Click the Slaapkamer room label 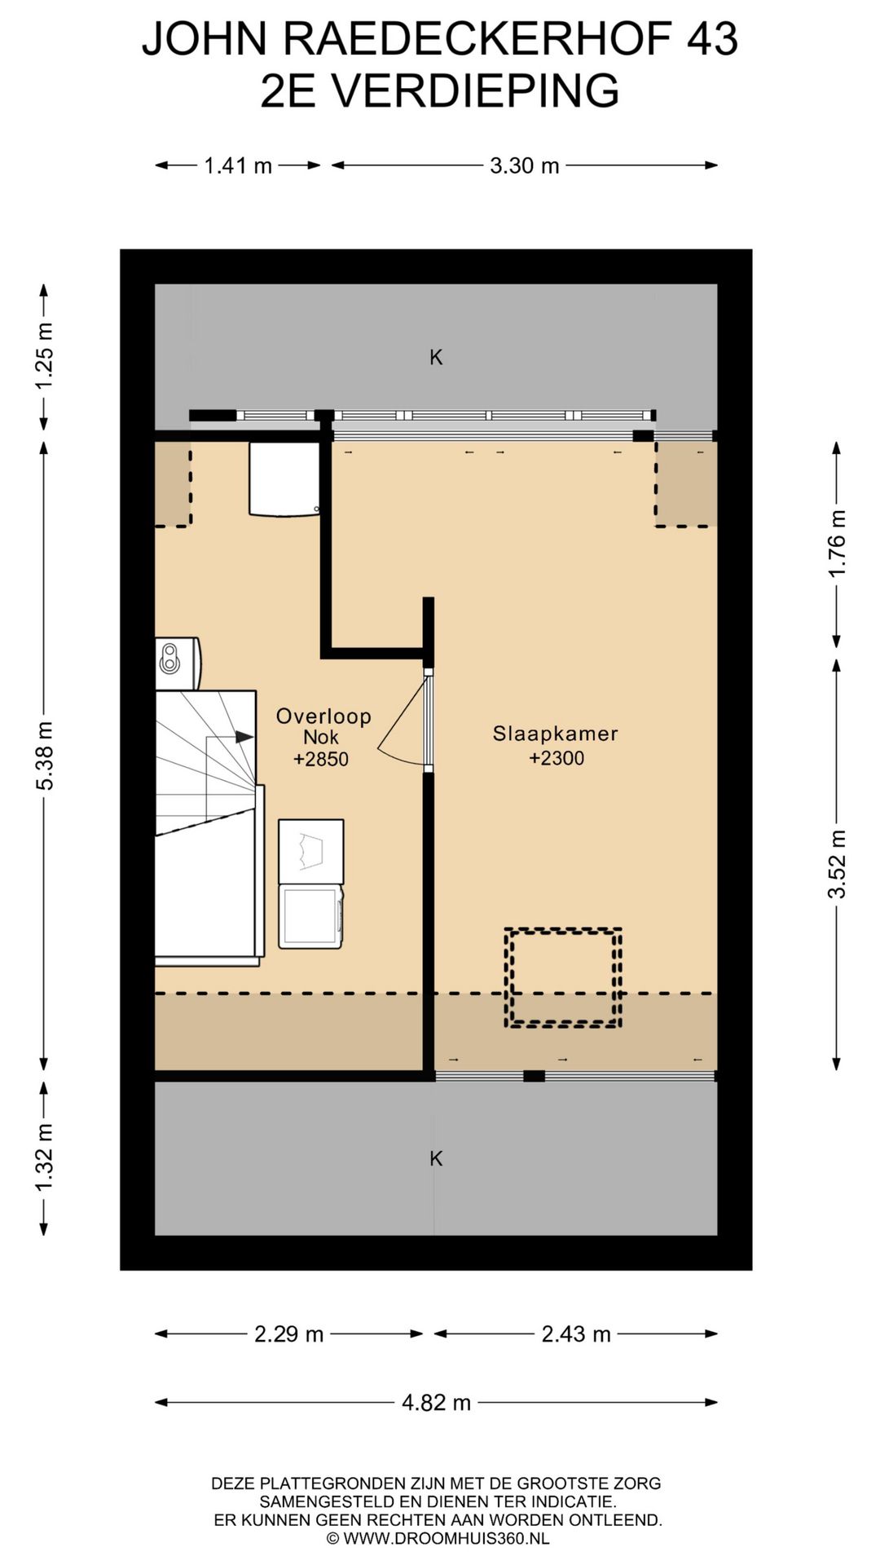(x=555, y=733)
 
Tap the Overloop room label (x=323, y=716)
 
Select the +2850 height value (x=321, y=759)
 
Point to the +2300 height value (x=557, y=758)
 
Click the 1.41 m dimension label (x=238, y=166)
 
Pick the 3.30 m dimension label (x=525, y=166)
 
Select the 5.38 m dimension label (x=44, y=756)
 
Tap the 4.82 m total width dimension (x=437, y=1403)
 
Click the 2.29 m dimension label (x=289, y=1334)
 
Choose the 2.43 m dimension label (x=576, y=1334)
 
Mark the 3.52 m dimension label (x=838, y=864)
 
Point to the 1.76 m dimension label (x=838, y=543)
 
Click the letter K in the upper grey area (x=436, y=357)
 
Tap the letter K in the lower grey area (x=436, y=1158)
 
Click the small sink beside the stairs (x=178, y=663)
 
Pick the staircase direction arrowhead (x=244, y=737)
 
